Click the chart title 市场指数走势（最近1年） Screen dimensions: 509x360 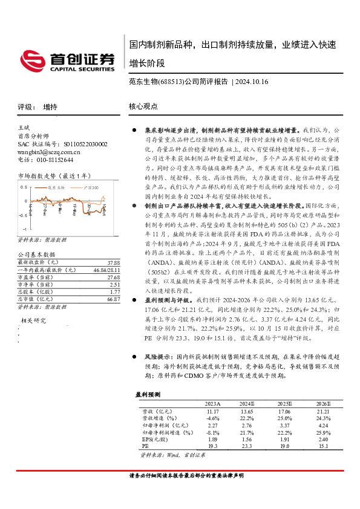[x=55, y=176]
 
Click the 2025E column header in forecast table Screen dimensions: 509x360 [x=284, y=404]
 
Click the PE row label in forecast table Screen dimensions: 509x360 [x=145, y=447]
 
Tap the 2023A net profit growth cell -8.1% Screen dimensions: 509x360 [x=212, y=433]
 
